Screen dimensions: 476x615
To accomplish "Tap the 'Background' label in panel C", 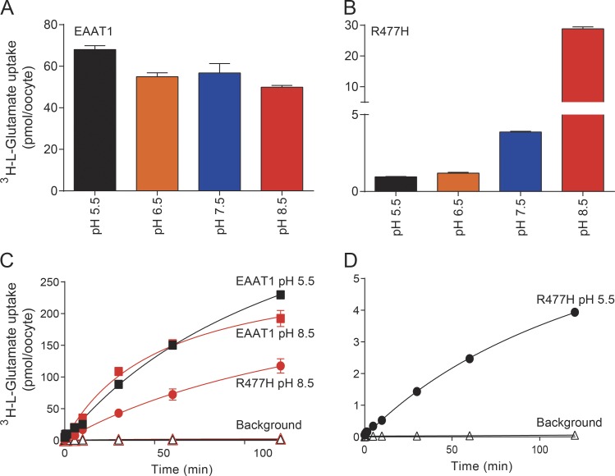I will [258, 423].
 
